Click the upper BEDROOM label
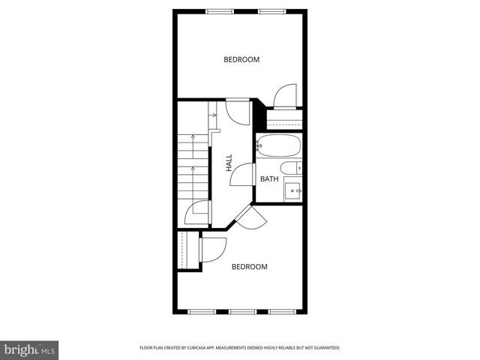(241, 59)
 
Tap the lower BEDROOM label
(249, 267)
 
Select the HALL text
(229, 163)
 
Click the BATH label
(269, 179)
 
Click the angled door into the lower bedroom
(251, 218)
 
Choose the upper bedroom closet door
(286, 96)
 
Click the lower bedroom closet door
(213, 247)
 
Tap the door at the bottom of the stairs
(196, 213)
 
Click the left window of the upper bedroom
(219, 10)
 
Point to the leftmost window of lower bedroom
(201, 311)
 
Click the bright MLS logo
(30, 349)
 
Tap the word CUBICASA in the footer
(211, 348)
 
